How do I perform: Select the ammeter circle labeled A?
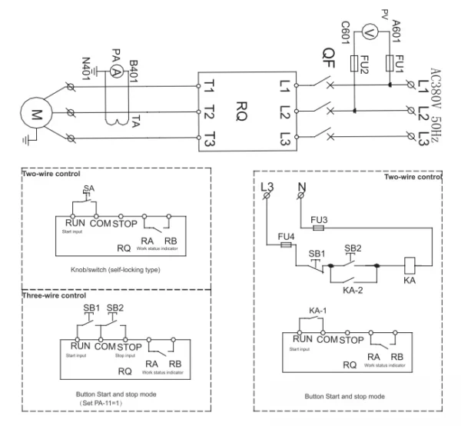coord(117,70)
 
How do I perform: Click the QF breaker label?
coord(328,55)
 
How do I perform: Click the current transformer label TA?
coord(135,121)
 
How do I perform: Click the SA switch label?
coord(89,187)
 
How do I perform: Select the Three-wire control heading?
coord(53,295)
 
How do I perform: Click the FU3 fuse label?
coord(319,218)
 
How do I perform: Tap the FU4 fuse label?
coord(284,236)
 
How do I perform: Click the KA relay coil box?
coord(410,264)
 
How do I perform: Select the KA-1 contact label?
coord(317,311)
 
